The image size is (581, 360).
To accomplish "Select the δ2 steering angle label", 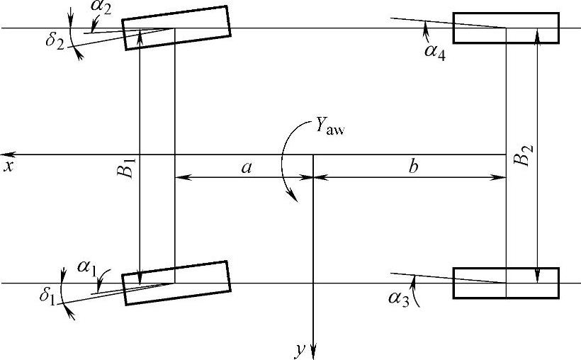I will [x=55, y=40].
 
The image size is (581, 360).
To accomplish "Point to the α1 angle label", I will [x=87, y=267].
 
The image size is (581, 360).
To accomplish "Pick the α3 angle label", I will [x=398, y=298].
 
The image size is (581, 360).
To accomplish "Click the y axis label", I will [x=300, y=349].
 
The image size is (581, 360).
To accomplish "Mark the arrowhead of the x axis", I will [x=6, y=154].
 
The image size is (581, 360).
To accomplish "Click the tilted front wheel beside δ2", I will [x=176, y=28].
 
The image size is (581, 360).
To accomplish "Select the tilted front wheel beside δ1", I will [x=176, y=283].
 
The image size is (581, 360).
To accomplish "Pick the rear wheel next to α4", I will [x=506, y=28].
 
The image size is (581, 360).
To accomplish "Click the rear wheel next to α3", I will [x=506, y=283].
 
